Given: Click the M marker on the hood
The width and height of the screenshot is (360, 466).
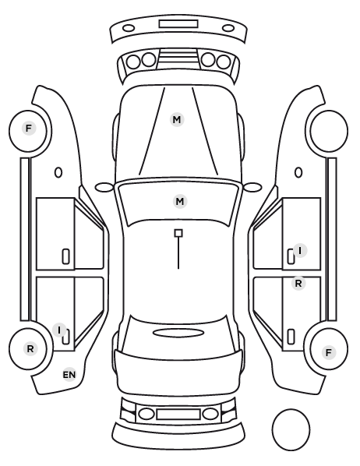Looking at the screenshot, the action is pos(177,120).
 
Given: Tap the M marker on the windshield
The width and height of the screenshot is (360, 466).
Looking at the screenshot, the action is pos(180,202).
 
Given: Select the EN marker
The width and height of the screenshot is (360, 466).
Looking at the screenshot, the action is pos(69,375).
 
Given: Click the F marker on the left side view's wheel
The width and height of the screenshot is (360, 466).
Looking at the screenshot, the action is pos(29,129).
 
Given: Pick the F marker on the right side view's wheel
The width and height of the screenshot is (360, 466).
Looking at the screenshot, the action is pos(329,352).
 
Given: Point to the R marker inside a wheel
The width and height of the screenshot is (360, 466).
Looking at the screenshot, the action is pos(30,349).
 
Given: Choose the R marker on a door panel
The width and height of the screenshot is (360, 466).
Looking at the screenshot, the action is pos(298,284).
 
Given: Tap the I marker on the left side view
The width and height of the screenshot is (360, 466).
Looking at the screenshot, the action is pos(59,330).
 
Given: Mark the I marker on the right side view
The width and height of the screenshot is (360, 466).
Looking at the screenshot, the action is pos(300,251).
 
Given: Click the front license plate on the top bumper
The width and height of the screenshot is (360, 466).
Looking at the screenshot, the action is pos(178,24).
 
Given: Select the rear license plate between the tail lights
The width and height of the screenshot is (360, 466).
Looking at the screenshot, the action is pos(178,414).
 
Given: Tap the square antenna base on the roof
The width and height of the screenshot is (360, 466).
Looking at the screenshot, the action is pos(178,233).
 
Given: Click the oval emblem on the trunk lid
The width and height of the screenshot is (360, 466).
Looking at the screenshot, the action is pos(178,333).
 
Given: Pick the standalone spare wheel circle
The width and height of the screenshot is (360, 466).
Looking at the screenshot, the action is pos(291,429).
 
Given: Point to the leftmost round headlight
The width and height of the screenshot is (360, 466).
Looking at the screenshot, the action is pos(133,62).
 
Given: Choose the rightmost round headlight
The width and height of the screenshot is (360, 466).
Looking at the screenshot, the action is pos(224,62).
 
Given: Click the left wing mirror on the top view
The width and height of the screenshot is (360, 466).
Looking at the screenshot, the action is pos(104,187).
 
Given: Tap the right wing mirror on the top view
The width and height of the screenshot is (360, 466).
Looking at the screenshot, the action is pos(252,187).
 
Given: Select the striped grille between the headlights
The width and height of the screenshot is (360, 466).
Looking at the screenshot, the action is pos(178,58).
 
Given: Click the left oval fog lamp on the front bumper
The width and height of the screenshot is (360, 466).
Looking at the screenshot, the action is pos(129,28).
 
